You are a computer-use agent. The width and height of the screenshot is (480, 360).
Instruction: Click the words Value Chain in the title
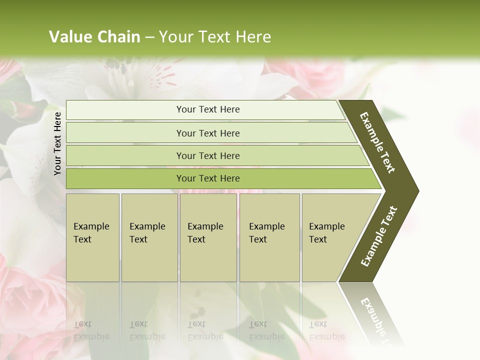pyautogui.click(x=94, y=37)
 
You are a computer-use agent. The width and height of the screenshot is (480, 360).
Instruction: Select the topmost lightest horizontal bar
pyautogui.click(x=208, y=109)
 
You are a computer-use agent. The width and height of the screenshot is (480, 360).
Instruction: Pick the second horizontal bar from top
pyautogui.click(x=208, y=133)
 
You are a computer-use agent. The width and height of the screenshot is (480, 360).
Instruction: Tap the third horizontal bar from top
pyautogui.click(x=208, y=155)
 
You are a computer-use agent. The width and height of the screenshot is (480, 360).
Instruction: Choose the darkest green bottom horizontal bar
pyautogui.click(x=208, y=178)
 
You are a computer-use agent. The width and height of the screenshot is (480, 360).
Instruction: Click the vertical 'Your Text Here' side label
pyautogui.click(x=57, y=143)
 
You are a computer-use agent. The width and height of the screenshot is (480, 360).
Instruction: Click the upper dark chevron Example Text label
pyautogui.click(x=378, y=142)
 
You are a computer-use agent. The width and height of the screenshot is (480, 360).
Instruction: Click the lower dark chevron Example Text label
pyautogui.click(x=379, y=236)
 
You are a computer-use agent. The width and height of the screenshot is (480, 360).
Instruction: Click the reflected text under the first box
pyautogui.click(x=91, y=330)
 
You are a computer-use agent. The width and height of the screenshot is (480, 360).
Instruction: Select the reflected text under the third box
pyautogui.click(x=205, y=330)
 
